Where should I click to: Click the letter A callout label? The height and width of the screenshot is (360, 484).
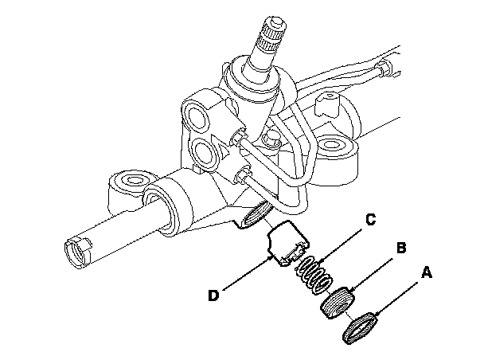coord(426,273)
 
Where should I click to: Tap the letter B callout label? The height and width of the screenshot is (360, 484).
coord(402,248)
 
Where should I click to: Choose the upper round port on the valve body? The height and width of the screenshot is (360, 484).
coord(196,112)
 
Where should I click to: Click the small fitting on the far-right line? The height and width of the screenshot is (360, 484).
coord(385,65)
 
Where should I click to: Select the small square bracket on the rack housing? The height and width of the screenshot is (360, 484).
coord(324,105)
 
